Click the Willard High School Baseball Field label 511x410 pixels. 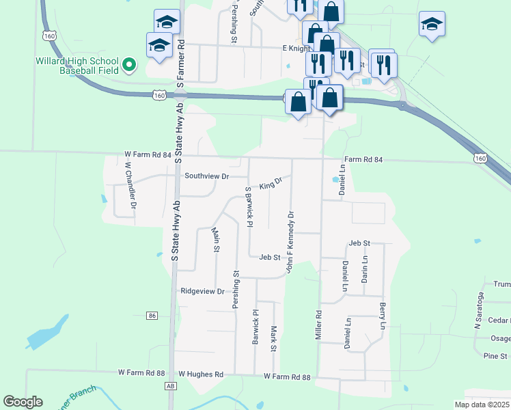77,66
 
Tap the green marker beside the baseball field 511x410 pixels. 129,66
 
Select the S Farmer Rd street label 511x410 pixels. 181,61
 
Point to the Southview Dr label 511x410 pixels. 206,176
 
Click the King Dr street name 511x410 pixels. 271,184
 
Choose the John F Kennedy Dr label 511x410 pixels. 290,243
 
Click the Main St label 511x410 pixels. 215,239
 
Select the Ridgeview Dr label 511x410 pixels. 202,291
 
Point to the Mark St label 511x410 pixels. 273,338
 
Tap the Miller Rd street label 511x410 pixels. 318,327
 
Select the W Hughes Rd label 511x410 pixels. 201,374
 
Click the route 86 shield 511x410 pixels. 152,316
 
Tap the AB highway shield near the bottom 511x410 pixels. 170,387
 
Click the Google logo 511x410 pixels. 23,402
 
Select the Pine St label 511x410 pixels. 495,356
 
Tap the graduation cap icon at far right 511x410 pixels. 432,25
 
